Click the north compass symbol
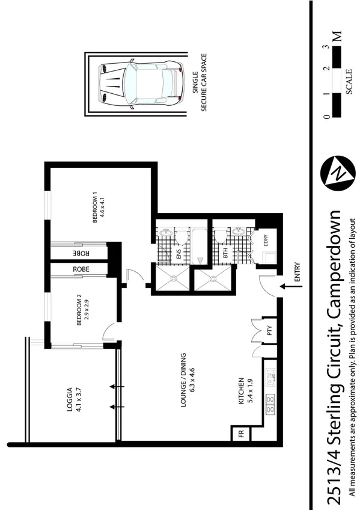334,173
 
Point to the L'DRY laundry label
265,239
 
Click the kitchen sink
271,377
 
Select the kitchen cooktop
270,404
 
